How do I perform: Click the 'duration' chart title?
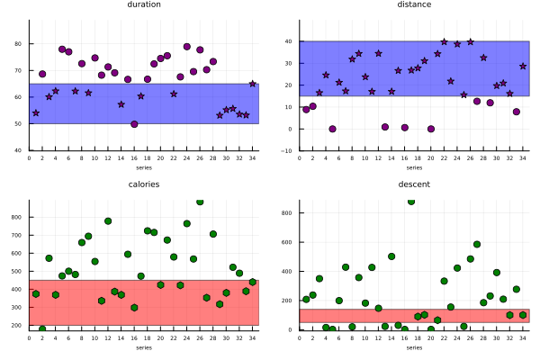click(x=144, y=4)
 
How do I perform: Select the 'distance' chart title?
click(x=414, y=4)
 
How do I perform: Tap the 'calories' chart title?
click(x=144, y=184)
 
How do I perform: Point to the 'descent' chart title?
click(x=414, y=184)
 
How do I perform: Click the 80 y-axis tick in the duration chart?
click(x=22, y=43)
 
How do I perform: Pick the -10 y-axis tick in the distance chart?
click(x=289, y=151)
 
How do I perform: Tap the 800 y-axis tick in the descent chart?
click(x=290, y=213)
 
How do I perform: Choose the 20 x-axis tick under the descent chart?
click(x=431, y=337)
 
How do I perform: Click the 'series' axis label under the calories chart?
click(x=144, y=347)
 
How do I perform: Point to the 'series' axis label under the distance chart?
click(x=414, y=167)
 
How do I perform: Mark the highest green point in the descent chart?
click(x=411, y=202)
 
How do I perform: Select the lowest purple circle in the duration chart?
click(x=134, y=124)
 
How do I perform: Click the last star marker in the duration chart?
click(x=253, y=84)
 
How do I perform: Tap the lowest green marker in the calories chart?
click(x=42, y=329)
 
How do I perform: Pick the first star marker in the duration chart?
click(x=36, y=113)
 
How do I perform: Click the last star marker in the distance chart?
click(x=523, y=66)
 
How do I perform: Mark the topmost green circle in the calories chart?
click(x=200, y=202)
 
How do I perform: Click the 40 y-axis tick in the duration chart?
click(x=22, y=150)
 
